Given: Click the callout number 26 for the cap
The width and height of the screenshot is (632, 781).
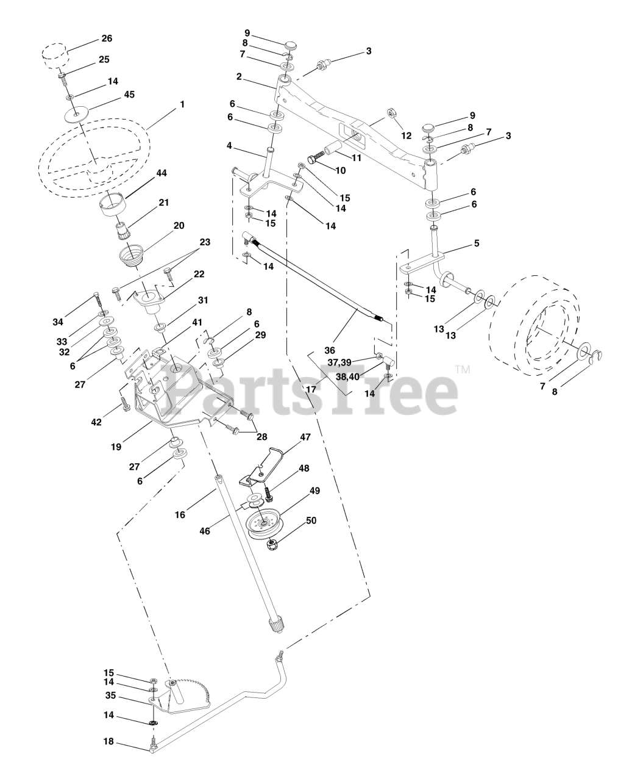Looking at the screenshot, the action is click(x=107, y=38).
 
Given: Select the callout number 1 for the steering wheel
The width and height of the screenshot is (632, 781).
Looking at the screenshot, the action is click(x=182, y=105).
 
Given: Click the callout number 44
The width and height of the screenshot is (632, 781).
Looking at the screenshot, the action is click(x=162, y=173).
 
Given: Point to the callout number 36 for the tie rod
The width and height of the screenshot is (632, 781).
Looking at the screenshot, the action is click(x=330, y=350).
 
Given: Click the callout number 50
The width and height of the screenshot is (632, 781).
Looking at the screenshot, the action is click(x=311, y=520).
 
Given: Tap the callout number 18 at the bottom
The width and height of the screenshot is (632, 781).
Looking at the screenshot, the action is click(x=108, y=742).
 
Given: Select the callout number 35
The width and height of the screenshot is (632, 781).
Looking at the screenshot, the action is click(x=110, y=694).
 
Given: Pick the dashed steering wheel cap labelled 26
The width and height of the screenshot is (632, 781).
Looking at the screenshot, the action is click(x=54, y=54).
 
